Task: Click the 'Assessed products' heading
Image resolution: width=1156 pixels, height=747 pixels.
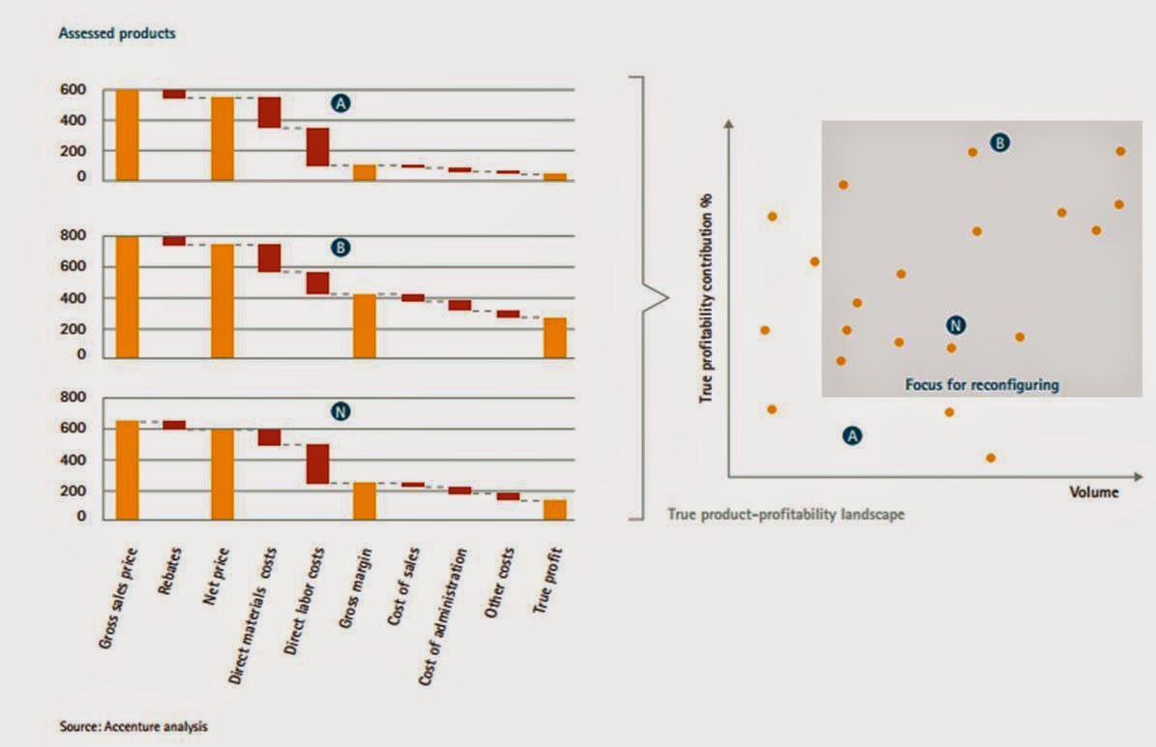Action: [117, 34]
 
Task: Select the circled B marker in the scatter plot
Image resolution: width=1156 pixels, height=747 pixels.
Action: [1000, 143]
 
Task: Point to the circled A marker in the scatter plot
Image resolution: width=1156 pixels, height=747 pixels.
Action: [852, 435]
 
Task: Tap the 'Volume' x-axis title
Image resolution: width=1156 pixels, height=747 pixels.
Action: [1093, 492]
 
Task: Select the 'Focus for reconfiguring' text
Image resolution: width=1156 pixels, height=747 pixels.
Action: [982, 384]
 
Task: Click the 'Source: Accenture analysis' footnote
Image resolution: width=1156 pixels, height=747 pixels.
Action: [133, 725]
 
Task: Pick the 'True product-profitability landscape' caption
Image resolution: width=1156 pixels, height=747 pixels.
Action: [785, 515]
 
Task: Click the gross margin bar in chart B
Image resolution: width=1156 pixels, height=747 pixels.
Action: [364, 326]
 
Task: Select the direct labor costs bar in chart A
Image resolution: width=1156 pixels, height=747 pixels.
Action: [317, 147]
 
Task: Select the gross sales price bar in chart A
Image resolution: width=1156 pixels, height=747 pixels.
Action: [128, 134]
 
